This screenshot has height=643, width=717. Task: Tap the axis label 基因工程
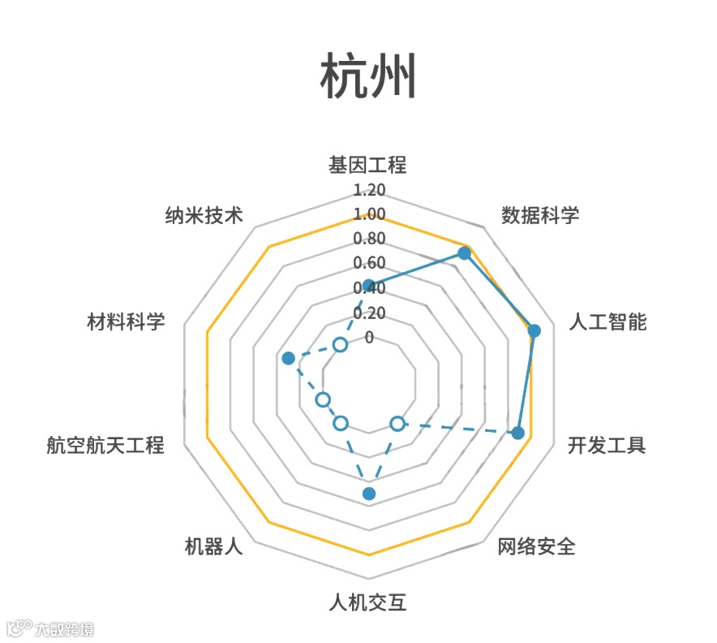367,165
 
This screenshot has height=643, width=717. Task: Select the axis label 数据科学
540,215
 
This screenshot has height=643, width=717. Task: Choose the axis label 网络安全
536,546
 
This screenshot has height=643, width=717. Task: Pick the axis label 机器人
213,546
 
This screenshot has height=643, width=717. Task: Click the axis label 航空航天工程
105,446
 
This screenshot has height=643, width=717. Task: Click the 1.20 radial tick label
369,191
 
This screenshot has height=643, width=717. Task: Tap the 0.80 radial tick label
369,240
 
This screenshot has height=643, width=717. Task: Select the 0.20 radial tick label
369,313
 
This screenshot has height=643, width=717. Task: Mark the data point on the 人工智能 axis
534,330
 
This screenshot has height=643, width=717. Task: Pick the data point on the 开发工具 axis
518,433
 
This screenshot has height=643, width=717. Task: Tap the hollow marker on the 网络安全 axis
397,423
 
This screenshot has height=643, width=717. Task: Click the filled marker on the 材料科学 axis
287,358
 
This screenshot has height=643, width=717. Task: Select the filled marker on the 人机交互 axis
369,494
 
